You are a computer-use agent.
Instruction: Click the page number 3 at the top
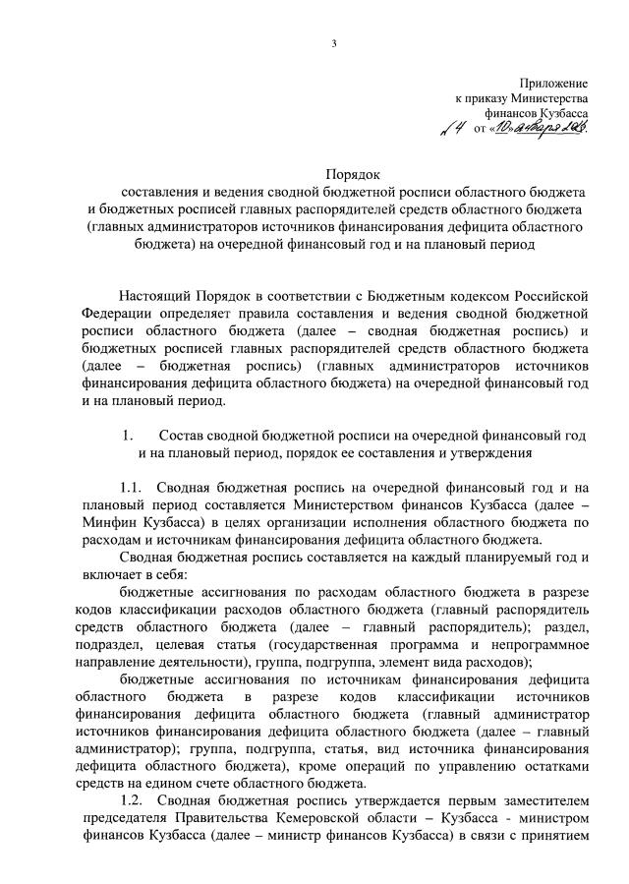point(333,42)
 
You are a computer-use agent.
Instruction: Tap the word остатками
point(551,765)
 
